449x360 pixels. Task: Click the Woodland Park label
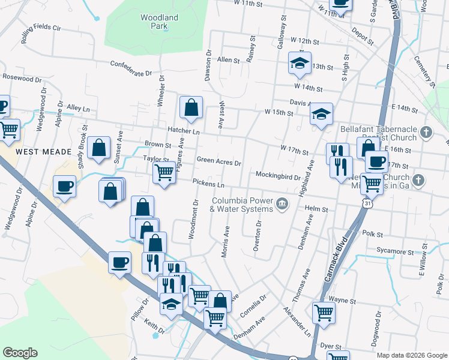[159, 22]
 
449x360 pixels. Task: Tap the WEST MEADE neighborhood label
[40, 152]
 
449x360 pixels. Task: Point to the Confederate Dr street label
[131, 68]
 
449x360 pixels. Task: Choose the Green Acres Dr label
[219, 162]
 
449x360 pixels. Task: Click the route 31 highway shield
[366, 204]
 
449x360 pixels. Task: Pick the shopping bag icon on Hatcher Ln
[191, 108]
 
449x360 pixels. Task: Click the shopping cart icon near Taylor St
[164, 173]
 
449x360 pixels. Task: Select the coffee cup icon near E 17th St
[376, 161]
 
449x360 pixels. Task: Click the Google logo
[20, 353]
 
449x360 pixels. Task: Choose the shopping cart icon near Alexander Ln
[324, 312]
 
